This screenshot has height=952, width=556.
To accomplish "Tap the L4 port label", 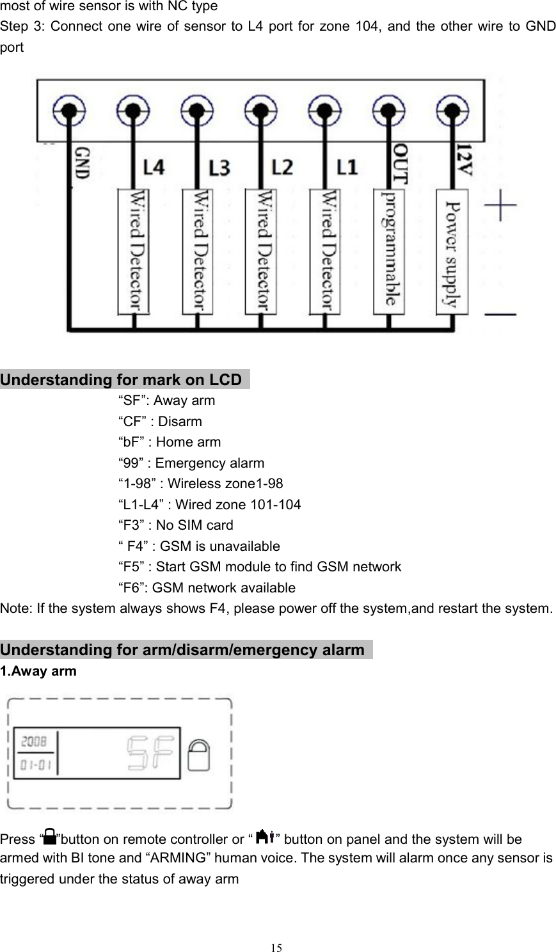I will (153, 168).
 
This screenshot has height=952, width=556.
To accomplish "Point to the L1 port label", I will (347, 168).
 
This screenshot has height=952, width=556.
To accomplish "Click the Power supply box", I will (452, 251).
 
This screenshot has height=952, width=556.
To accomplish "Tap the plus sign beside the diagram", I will (500, 209).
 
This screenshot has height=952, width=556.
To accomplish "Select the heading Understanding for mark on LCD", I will (122, 380).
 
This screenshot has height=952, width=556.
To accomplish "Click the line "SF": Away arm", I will (167, 401).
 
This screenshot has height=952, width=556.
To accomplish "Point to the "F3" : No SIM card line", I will (176, 525).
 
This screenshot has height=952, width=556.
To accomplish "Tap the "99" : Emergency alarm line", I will (191, 463).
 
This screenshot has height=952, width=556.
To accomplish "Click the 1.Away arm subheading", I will (38, 671).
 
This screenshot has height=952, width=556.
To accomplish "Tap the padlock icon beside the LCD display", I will (201, 756).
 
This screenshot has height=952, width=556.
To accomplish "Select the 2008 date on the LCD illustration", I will (34, 742).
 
